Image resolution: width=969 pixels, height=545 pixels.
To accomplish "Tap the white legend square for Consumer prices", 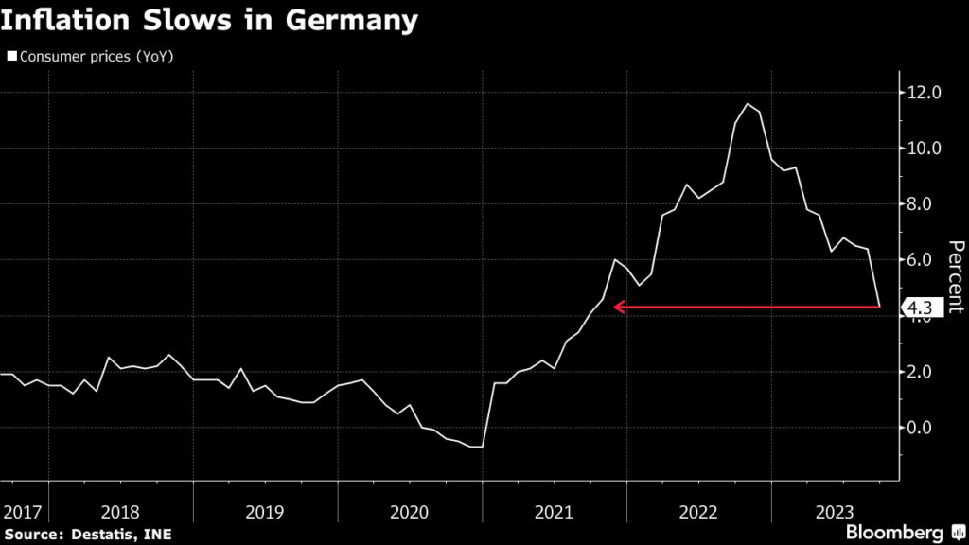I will [x=11, y=57].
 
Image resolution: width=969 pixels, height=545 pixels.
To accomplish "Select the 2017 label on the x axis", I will [x=23, y=512].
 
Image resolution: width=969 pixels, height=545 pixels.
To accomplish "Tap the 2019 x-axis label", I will [x=264, y=512].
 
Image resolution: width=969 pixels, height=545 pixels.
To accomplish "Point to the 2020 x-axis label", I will [x=409, y=512].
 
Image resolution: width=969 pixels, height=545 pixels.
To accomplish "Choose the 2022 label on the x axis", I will [x=698, y=512].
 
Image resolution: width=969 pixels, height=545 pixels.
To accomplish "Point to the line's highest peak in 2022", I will [x=749, y=104].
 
